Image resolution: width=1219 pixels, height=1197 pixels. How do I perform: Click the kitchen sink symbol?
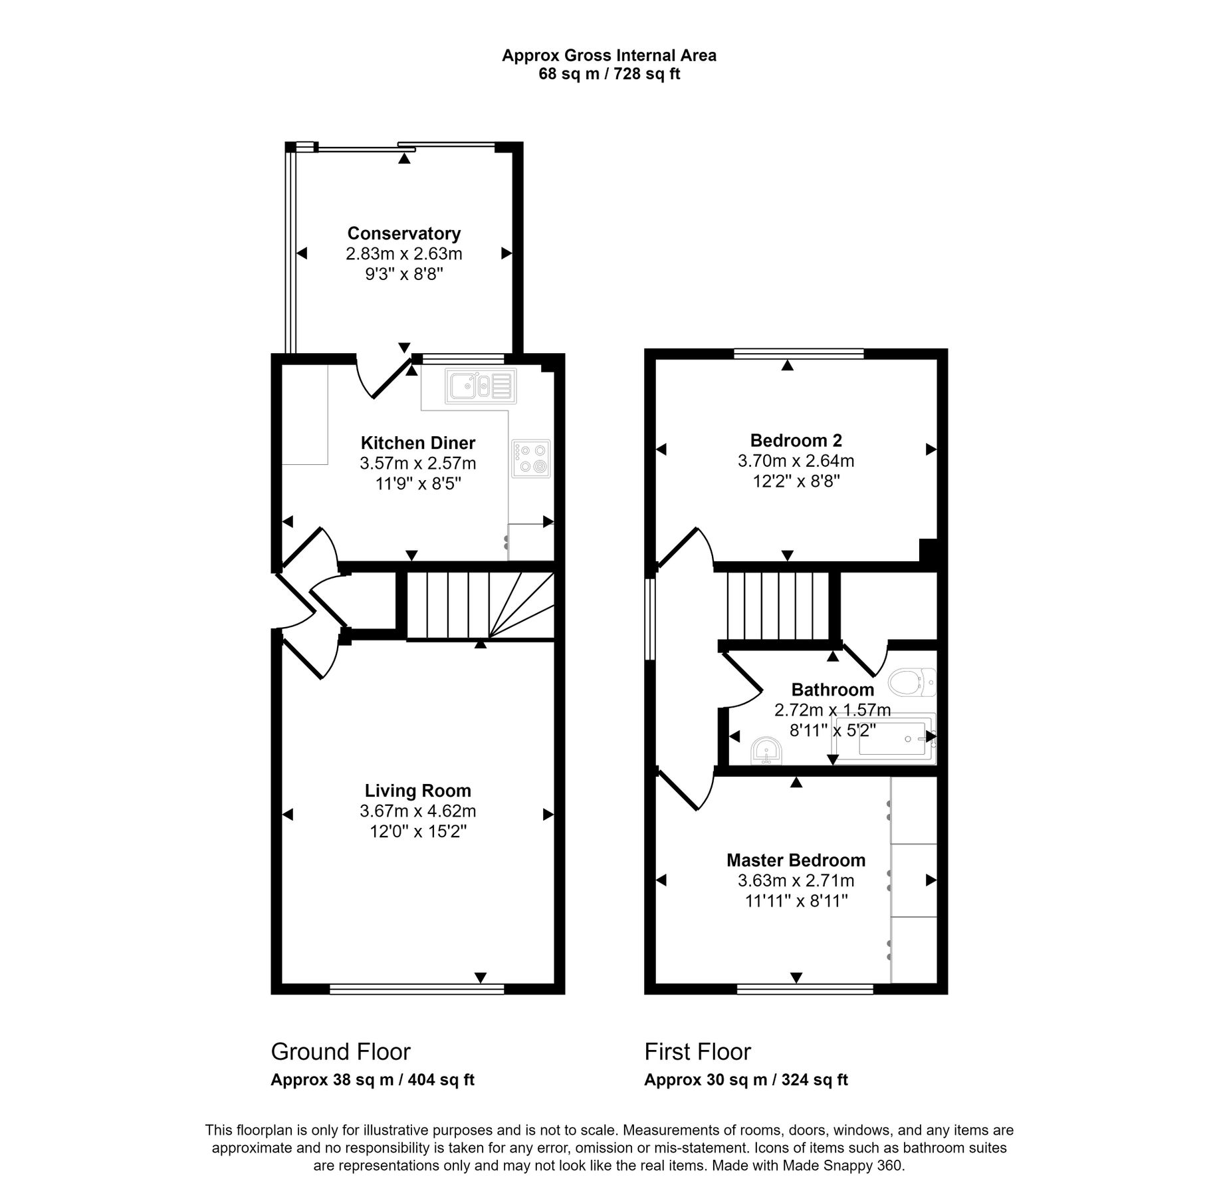[481, 386]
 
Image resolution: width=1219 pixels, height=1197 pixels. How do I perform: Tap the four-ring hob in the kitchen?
[531, 458]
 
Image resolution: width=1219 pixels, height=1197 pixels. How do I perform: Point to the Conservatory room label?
[403, 233]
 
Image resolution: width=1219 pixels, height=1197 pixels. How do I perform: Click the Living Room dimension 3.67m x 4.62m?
[417, 811]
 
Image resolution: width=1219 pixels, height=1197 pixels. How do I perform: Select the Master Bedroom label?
[796, 860]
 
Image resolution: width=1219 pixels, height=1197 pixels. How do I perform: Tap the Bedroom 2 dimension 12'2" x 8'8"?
[796, 481]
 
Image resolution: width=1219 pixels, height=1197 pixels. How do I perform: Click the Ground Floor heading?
[340, 1051]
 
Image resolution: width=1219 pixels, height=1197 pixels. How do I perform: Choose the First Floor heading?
[697, 1051]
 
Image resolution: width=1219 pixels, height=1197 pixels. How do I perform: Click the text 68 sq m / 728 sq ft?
[609, 74]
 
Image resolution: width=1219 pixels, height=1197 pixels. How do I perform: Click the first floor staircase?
[778, 605]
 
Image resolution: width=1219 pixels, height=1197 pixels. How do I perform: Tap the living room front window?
[417, 989]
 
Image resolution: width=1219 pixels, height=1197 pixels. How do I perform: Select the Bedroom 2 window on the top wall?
[798, 353]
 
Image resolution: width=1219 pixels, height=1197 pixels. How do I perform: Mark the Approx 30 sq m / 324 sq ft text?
[746, 1080]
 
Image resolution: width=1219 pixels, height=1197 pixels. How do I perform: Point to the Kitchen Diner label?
[417, 443]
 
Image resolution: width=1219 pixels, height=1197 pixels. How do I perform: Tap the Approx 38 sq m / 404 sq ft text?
[372, 1080]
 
